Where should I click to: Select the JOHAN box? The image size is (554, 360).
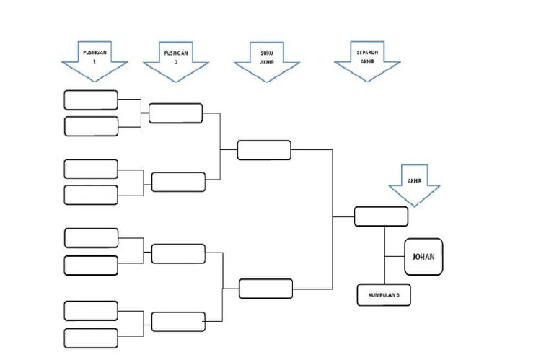[x=423, y=256]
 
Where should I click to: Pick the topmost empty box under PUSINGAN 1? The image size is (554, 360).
[x=91, y=100]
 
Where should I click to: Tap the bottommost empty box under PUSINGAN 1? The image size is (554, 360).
[x=91, y=338]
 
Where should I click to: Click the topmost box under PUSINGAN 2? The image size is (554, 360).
[x=175, y=113]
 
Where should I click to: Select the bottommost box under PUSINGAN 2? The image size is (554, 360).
[x=178, y=322]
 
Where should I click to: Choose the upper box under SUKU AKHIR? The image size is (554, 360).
[x=264, y=150]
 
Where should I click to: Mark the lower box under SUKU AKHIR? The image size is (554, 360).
[x=265, y=289]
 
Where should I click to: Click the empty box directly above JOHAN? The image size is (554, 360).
[x=381, y=216]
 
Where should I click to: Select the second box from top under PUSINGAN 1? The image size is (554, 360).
[x=91, y=126]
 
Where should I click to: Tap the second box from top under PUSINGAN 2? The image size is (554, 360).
[x=178, y=182]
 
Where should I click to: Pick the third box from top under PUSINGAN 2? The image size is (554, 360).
[x=178, y=254]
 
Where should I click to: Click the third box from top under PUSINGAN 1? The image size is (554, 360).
[x=91, y=169]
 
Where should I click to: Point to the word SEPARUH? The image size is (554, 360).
[x=367, y=53]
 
